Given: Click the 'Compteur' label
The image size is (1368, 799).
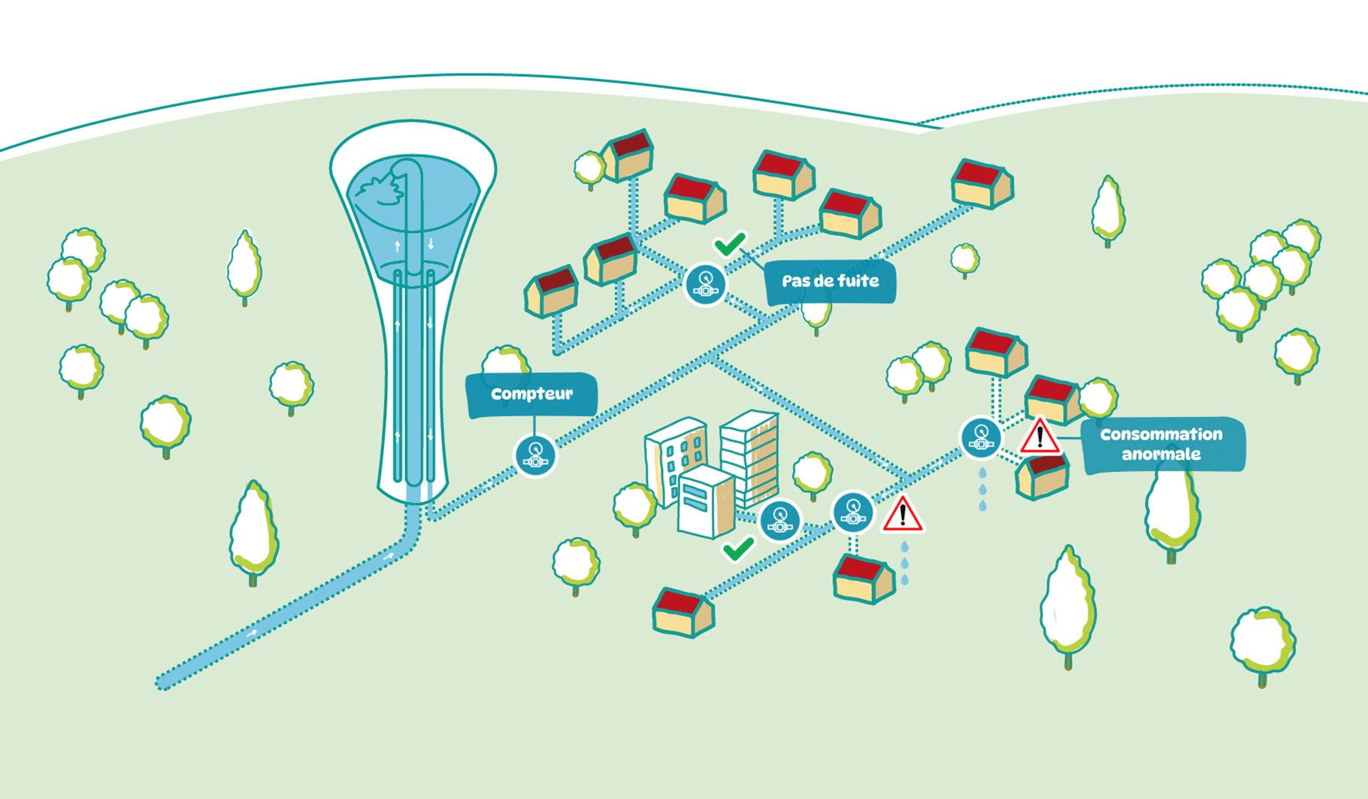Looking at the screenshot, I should pos(531,394).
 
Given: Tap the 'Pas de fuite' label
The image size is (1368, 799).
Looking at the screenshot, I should pos(830,282).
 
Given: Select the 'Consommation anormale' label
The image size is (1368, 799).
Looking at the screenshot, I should pos(1161,444).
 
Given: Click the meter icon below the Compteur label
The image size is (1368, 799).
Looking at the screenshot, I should pos(535,455).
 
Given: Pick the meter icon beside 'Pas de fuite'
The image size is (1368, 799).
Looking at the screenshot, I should pos(705,284).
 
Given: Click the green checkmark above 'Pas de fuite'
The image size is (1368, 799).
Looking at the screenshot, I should pos(730,244).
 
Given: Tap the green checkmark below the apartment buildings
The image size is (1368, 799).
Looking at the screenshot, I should pos(738,549).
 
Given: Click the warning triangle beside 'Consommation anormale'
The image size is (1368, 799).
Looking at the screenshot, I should pos(1040,437).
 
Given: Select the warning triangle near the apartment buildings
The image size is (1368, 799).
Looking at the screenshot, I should pos(902,515).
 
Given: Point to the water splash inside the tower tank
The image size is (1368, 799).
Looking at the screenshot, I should pos(380,188).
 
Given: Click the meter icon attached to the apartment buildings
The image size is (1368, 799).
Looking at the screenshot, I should pos(779,520).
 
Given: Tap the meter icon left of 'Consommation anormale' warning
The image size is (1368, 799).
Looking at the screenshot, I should pos(981,437).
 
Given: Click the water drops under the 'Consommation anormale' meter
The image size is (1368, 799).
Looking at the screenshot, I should pos(982,489).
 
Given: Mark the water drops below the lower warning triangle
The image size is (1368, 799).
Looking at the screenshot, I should pos(905,563).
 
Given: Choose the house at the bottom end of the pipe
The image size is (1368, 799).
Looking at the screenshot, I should pos(682,613).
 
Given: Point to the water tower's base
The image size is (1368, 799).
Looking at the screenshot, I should pos(412,489).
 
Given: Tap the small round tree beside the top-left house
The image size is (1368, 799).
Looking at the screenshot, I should pos(589,168).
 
